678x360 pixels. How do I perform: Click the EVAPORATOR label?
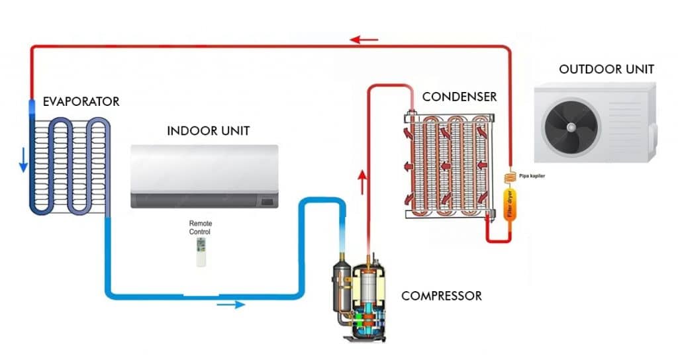tap(81, 102)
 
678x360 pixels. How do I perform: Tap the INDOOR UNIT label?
tap(208, 130)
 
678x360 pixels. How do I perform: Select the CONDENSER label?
tap(460, 97)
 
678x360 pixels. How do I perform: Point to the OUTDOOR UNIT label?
tap(606, 69)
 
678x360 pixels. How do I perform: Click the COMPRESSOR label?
tap(442, 296)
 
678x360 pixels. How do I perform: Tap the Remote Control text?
tap(200, 228)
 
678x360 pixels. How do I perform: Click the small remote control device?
tap(201, 253)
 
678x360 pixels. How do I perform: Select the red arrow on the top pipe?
tap(364, 40)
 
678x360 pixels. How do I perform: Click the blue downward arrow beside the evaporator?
tap(23, 158)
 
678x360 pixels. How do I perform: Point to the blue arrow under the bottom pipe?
tap(230, 304)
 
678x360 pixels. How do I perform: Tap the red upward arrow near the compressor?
tap(362, 181)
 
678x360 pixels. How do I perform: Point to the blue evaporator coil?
tap(70, 165)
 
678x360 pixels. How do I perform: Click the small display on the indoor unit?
tap(267, 201)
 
